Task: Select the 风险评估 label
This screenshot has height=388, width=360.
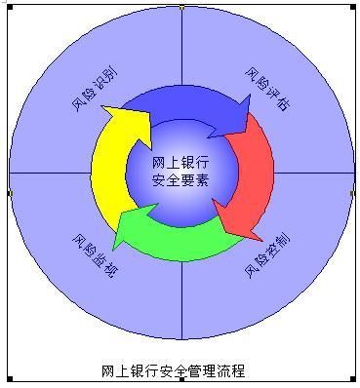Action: tap(266, 89)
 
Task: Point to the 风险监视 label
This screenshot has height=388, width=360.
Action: tap(94, 256)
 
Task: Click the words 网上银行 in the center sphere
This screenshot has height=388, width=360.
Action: tap(180, 162)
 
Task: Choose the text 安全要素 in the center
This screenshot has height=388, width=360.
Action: tap(180, 180)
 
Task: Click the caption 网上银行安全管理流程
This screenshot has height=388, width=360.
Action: tap(173, 370)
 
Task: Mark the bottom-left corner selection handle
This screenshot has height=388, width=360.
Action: tap(10, 379)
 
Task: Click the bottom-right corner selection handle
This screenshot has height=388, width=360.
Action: tap(352, 379)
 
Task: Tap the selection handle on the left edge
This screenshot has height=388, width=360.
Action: tap(10, 193)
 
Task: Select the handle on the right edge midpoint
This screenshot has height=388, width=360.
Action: tap(352, 193)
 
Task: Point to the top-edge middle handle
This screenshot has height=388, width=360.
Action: tap(181, 7)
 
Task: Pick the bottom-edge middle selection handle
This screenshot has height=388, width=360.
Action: tap(181, 379)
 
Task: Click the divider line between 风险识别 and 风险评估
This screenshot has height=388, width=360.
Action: tap(182, 49)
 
